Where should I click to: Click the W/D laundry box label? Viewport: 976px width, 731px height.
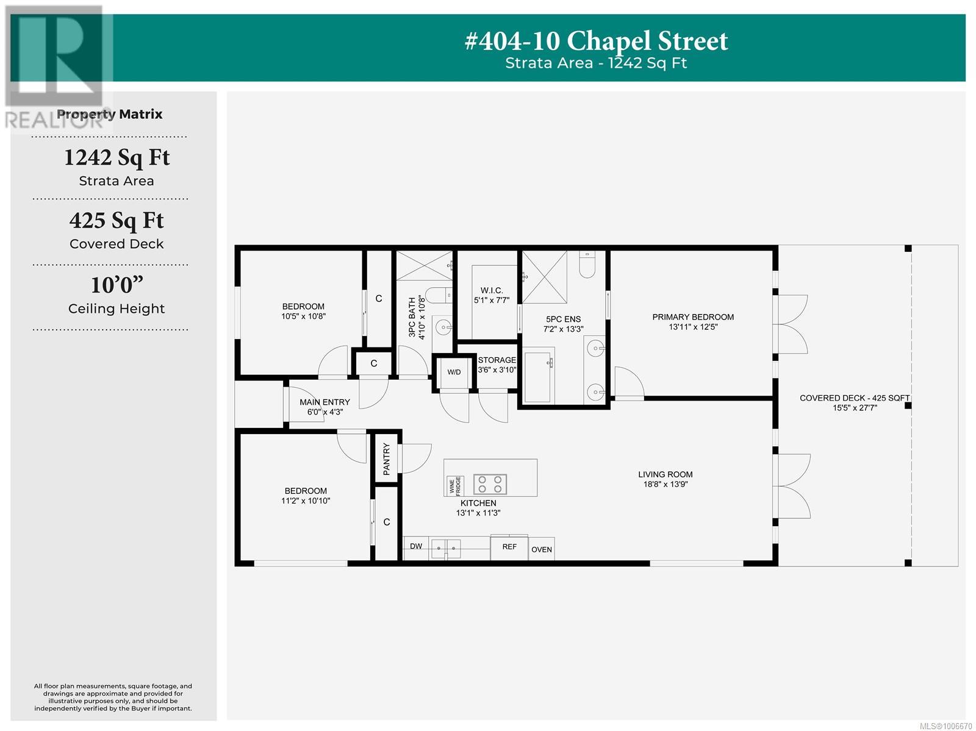click(454, 372)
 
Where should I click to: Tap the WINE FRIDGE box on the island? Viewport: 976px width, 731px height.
click(454, 486)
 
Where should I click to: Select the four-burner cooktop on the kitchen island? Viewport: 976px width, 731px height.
click(490, 484)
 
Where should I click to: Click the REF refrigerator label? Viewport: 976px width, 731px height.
click(509, 547)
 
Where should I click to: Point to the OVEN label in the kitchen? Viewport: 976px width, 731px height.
click(541, 550)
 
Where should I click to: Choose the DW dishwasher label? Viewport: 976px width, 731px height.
click(416, 546)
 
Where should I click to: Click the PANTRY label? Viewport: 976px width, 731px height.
click(386, 458)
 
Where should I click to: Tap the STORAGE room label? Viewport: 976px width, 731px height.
click(497, 360)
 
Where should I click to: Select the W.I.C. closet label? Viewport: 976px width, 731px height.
click(491, 290)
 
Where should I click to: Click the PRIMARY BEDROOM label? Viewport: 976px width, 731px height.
click(693, 317)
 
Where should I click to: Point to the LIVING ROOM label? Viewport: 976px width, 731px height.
click(665, 474)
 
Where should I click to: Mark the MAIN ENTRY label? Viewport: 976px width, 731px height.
click(325, 402)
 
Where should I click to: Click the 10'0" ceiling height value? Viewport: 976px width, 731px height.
click(117, 285)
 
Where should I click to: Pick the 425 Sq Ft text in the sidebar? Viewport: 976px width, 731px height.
click(117, 221)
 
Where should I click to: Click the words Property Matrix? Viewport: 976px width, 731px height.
click(109, 114)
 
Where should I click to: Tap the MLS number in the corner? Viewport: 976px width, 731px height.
click(945, 726)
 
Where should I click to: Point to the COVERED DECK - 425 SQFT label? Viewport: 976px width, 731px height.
click(854, 398)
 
